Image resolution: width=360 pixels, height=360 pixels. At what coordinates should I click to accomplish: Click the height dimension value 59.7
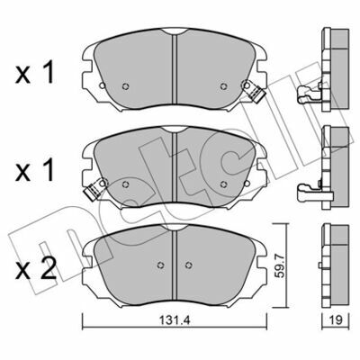[x=279, y=271]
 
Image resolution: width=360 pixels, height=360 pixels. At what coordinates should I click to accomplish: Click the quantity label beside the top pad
[x=36, y=72]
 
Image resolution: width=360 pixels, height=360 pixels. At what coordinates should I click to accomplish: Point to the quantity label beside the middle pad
[x=36, y=170]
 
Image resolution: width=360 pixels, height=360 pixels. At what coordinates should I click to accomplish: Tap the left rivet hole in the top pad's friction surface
[x=126, y=86]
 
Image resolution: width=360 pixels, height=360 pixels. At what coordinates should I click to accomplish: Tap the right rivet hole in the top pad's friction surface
[x=223, y=86]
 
